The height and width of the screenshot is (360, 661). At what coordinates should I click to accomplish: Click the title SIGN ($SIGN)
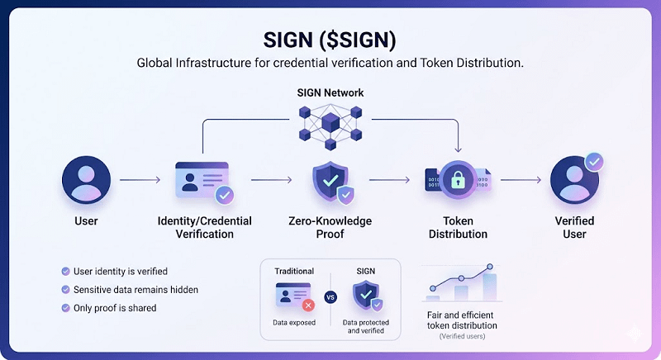[x=330, y=39]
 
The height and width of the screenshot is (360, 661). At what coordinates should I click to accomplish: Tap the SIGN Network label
[x=330, y=93]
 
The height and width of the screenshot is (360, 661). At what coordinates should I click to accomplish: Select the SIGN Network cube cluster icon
[x=330, y=129]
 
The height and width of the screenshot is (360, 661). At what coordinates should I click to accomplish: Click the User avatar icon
[x=86, y=180]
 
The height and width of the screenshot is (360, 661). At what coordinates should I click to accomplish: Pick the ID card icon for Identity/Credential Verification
[x=201, y=180]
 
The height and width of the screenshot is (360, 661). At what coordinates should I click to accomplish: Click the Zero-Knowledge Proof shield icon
[x=330, y=182]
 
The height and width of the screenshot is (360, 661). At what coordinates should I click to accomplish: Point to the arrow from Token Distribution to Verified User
[x=521, y=179]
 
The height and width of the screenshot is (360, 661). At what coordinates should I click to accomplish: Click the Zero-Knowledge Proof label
[x=330, y=227]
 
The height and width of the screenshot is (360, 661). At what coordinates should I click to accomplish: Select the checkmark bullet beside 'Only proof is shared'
[x=65, y=308]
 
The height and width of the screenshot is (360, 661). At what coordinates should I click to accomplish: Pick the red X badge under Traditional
[x=308, y=305]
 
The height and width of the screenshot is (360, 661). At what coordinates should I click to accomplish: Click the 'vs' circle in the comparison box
[x=330, y=296]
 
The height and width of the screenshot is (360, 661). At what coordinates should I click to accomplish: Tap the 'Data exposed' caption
[x=294, y=322]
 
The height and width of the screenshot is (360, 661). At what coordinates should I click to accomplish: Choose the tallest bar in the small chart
[x=489, y=284]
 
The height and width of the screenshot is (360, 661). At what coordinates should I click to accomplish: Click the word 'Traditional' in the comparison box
[x=294, y=270]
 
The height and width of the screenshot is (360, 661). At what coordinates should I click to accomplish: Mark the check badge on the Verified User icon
[x=593, y=162]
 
